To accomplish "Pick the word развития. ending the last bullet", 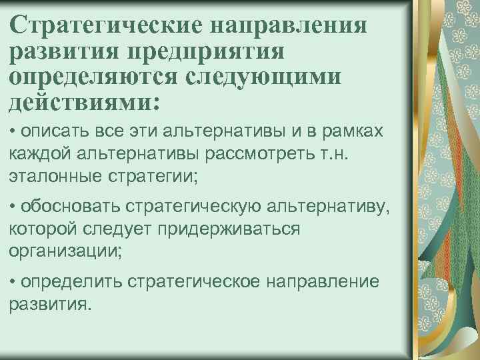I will click(x=49, y=303).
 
